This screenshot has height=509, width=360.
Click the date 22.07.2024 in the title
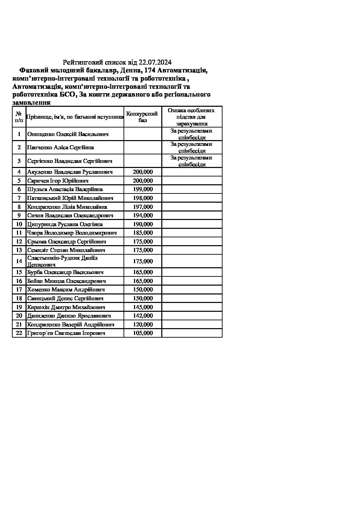click(156, 62)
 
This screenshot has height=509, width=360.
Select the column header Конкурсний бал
click(143, 117)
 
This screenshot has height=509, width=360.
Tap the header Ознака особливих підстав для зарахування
click(192, 117)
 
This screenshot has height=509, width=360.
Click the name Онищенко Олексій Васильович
click(68, 134)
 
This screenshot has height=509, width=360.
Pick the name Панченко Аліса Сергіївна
click(61, 148)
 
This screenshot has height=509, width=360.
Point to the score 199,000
click(143, 189)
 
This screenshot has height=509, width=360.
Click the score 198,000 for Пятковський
click(143, 198)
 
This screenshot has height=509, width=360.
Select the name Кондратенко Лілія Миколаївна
click(67, 207)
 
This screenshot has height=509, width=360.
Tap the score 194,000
click(143, 216)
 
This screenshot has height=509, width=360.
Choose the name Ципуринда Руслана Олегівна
click(65, 224)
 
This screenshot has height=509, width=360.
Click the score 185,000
click(143, 233)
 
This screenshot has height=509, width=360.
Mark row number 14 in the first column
click(19, 261)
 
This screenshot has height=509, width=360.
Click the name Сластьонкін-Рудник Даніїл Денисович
click(63, 261)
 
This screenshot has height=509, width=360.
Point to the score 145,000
click(143, 307)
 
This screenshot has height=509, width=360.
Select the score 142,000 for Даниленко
click(143, 316)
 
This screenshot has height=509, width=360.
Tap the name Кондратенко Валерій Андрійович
click(71, 325)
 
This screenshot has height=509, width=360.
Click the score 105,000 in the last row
click(143, 333)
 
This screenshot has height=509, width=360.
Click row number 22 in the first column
click(19, 333)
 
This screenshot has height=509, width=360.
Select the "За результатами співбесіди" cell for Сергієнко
click(192, 161)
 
